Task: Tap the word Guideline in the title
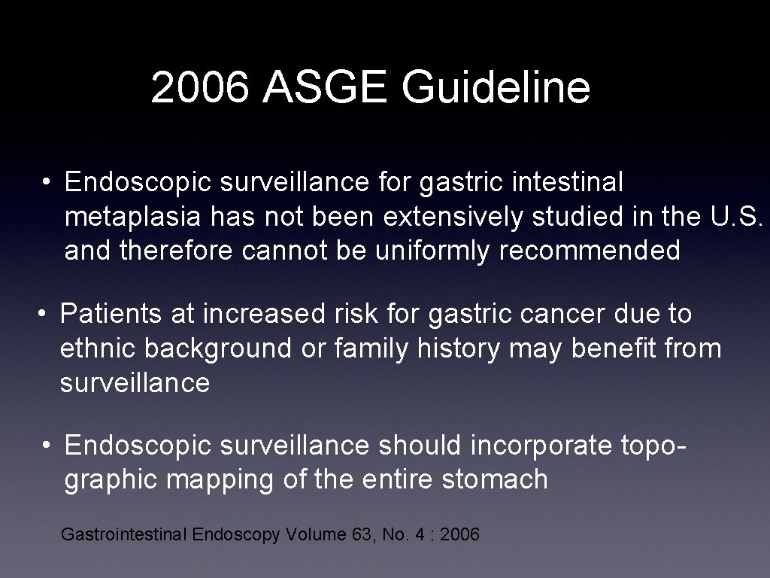[x=496, y=88]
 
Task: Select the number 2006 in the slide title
[x=200, y=88]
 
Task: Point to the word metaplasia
[x=132, y=217]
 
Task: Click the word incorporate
[x=542, y=446]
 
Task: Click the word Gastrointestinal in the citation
[x=123, y=535]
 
